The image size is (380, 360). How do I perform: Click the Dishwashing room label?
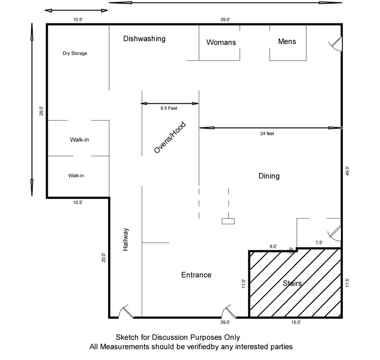pos(144,39)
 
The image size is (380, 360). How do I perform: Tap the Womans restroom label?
pos(221,42)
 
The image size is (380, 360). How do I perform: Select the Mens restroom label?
pos(287,41)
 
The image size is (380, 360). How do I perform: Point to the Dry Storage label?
pos(75,53)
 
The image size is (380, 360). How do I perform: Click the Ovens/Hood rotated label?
pos(170,137)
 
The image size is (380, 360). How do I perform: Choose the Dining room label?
pos(269,176)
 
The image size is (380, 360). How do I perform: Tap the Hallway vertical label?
pos(126,240)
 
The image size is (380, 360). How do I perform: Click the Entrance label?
pos(196,275)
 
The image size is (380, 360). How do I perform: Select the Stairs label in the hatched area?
pos(292,283)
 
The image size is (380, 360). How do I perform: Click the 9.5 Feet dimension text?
pos(169,109)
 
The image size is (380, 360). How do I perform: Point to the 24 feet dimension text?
pos(267,134)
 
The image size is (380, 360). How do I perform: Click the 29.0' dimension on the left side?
pos(42,111)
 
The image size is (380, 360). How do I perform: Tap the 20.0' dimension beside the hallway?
pos(104,257)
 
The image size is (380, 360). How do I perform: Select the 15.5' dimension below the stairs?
pos(296,323)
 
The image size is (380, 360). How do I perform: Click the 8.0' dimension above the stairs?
pos(273,246)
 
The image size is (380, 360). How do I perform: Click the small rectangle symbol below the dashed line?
pos(228,221)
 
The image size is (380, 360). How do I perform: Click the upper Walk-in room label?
pos(79,140)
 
